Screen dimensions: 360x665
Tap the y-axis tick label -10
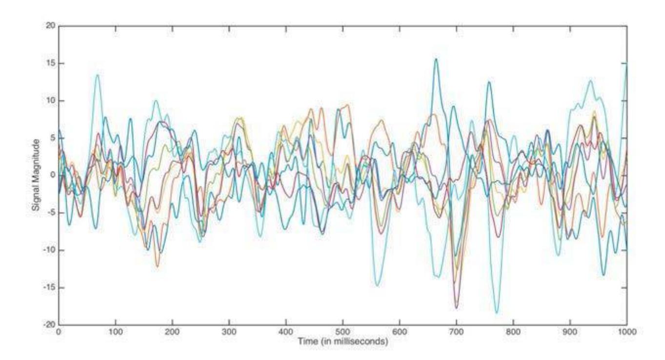click(49, 250)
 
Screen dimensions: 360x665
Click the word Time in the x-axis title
click(307, 342)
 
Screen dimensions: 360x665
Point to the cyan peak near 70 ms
click(98, 75)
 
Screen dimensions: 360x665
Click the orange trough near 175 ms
click(157, 266)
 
